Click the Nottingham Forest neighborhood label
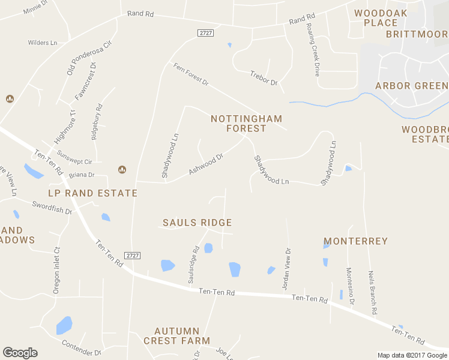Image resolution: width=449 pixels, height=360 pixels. tap(246, 124)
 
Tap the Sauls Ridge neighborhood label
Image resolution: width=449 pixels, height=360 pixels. tap(197, 223)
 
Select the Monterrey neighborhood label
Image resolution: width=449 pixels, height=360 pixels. tap(355, 241)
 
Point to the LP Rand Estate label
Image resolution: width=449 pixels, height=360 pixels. tap(93, 193)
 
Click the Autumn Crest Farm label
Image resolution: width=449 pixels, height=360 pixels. tap(176, 336)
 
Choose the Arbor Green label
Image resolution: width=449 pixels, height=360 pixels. tap(411, 86)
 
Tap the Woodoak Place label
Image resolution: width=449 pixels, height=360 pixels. tap(381, 18)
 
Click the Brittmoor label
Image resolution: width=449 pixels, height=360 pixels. tap(417, 34)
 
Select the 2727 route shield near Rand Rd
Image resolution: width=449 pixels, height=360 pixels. tap(205, 33)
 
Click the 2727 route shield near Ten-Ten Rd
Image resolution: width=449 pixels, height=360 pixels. tap(133, 256)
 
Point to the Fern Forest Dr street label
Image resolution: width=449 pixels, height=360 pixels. tap(190, 74)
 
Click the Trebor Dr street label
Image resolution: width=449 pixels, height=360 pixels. tap(264, 78)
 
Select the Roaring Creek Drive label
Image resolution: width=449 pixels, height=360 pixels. tap(313, 50)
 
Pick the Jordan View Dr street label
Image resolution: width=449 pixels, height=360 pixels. tap(287, 269)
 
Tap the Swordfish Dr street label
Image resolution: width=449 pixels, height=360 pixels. tap(52, 208)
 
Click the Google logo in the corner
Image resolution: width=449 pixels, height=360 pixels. tap(20, 353)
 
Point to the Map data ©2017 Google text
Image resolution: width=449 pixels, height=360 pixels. tap(412, 355)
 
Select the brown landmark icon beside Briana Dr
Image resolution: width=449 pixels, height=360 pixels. tap(122, 169)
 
